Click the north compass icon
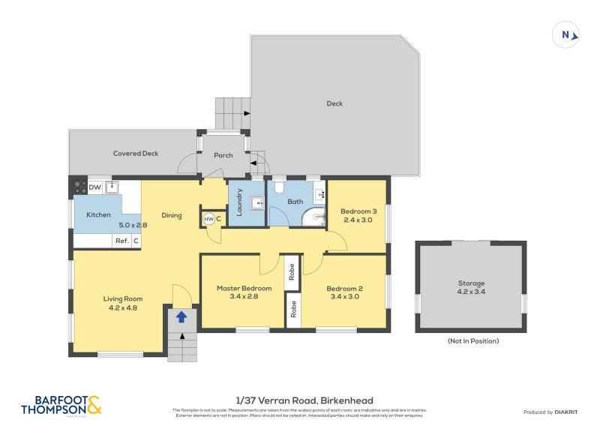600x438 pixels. tap(567, 34)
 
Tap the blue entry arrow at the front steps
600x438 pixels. tap(181, 317)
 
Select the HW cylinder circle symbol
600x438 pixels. tap(208, 219)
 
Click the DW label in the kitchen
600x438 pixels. tap(95, 187)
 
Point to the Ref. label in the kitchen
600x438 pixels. tap(121, 241)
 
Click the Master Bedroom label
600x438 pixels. tap(244, 288)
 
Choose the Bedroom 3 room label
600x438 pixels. tap(359, 211)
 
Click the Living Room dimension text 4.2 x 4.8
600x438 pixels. tap(122, 307)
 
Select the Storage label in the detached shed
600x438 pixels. tap(471, 283)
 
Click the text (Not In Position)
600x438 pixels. tap(472, 340)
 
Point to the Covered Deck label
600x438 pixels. tap(136, 153)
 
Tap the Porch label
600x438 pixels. tap(223, 155)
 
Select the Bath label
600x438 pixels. tap(295, 202)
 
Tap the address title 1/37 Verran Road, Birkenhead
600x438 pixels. tap(299, 400)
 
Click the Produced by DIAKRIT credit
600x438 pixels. tap(549, 412)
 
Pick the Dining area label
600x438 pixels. tap(172, 216)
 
